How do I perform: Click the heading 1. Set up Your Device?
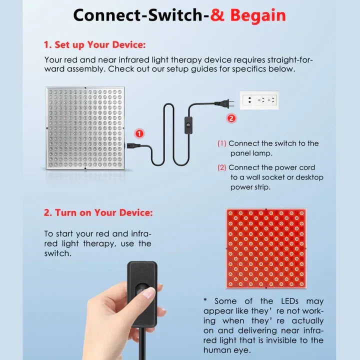[x=94, y=45]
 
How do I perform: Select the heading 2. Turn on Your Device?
[x=98, y=212]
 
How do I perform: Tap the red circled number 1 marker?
[x=139, y=133]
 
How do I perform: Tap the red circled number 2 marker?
[x=230, y=118]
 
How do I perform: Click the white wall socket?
[x=259, y=100]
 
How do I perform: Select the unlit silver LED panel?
[x=85, y=129]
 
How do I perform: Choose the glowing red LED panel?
[x=265, y=248]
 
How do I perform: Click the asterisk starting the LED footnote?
[x=205, y=301]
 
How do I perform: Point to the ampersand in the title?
[x=217, y=15]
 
